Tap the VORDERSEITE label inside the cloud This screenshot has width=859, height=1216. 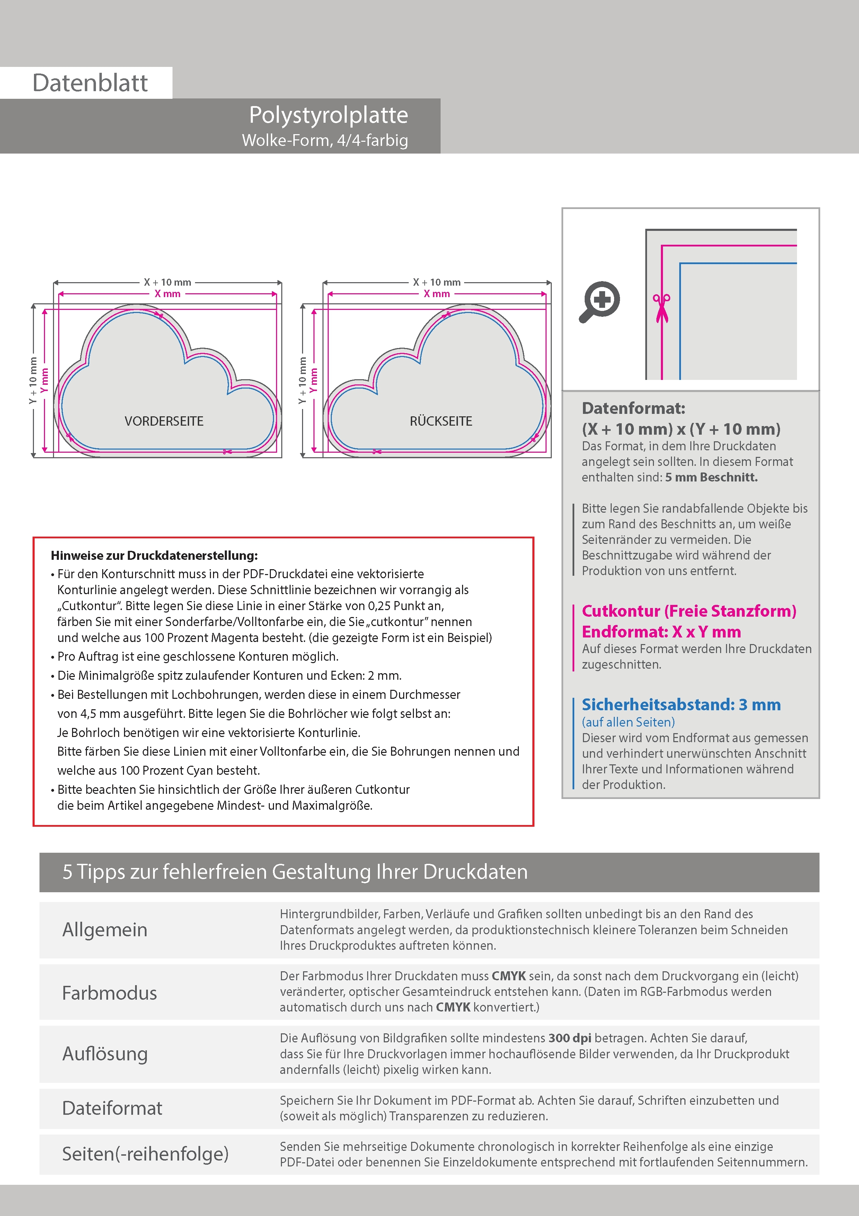coord(164,421)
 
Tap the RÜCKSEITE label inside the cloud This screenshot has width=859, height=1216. coord(441,421)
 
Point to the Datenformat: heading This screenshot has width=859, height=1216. coord(633,408)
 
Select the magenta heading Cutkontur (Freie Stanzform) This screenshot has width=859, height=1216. coord(689,611)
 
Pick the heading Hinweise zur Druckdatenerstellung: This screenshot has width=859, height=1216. coord(154,556)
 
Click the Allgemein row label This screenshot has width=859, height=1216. coord(105,929)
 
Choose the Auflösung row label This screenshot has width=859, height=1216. coord(105,1053)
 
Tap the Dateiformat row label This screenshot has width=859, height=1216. coord(112,1108)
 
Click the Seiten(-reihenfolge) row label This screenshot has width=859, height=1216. coord(145,1154)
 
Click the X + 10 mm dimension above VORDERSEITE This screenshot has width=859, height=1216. coord(167,282)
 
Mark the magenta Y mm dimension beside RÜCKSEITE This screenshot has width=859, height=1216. coord(314,380)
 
